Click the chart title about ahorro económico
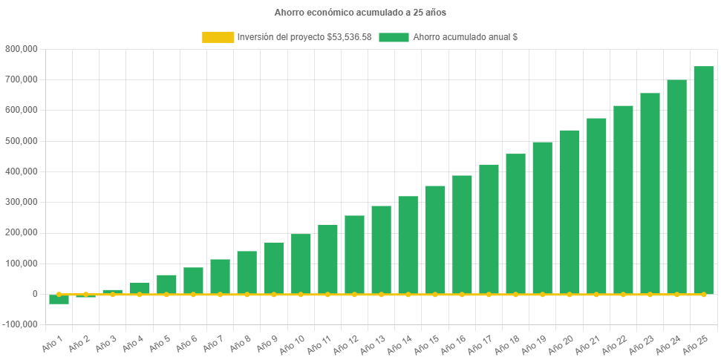pos(360,13)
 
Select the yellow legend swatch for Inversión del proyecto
pos(218,37)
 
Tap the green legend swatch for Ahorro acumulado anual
pos(394,37)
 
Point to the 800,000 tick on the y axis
pos(22,49)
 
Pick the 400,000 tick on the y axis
pos(22,171)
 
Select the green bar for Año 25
pos(703,180)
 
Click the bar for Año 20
pos(569,212)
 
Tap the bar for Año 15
pos(435,240)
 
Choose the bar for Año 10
pos(301,264)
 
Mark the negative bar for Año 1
pos(59,300)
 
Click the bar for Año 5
pos(166,284)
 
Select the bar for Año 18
pos(515,223)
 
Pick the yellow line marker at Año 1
pos(59,294)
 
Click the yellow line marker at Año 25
pos(703,294)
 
